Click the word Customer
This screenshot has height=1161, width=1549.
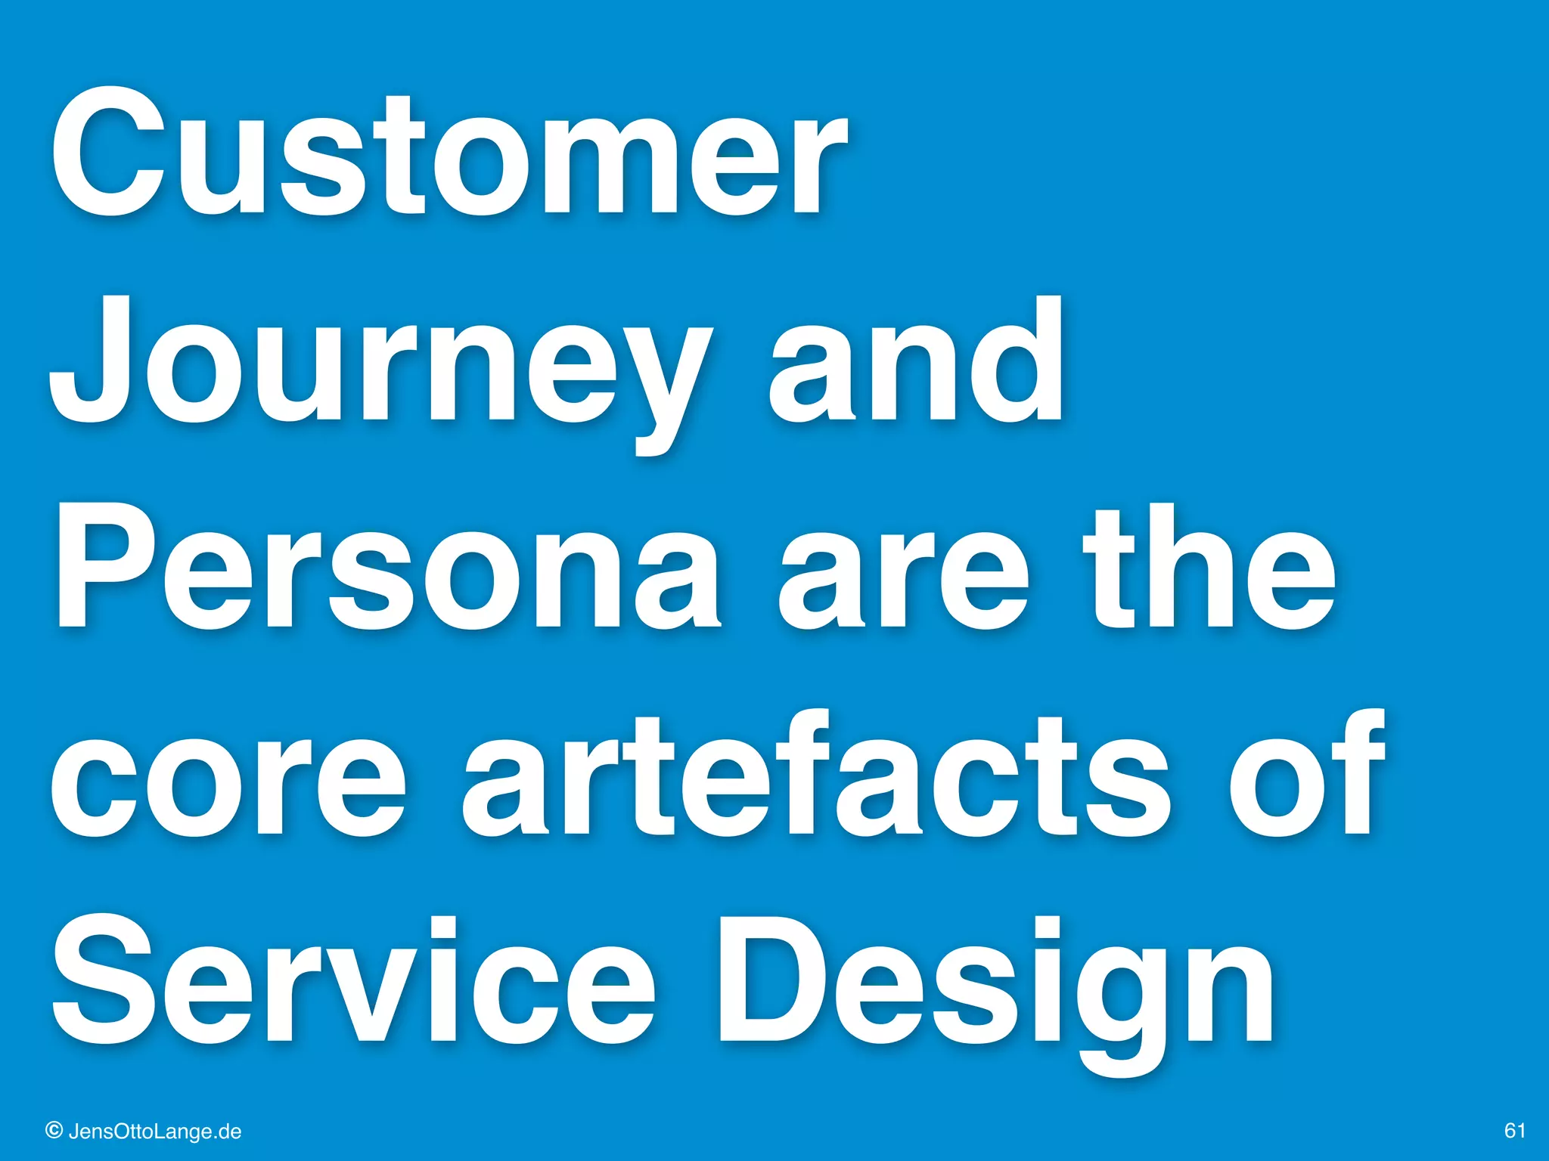pos(449,155)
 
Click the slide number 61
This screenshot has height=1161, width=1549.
pos(1514,1131)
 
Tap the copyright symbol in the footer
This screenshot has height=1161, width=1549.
pos(54,1131)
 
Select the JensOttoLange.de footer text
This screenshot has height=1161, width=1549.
pos(155,1132)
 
